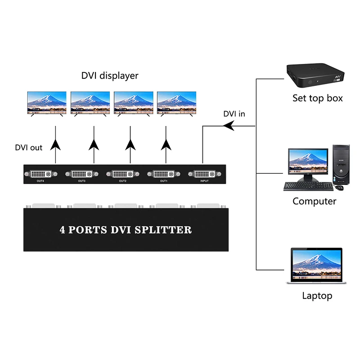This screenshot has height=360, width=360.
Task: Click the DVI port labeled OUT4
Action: click(40, 173)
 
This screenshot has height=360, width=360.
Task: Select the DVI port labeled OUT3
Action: click(81, 173)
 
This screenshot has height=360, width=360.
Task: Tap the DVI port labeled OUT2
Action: click(122, 173)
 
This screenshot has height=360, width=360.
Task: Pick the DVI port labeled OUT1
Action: click(163, 173)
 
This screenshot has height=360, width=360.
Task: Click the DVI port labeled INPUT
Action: click(204, 173)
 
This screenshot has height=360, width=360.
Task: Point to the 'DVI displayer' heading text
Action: click(109, 76)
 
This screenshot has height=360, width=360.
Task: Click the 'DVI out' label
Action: click(29, 147)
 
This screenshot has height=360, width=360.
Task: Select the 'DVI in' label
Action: click(234, 114)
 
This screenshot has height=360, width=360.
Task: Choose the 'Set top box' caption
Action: click(317, 98)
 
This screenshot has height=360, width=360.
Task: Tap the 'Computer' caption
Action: click(314, 201)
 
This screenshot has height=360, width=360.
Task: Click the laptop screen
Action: click(316, 264)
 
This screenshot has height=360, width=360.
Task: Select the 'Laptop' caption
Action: click(317, 296)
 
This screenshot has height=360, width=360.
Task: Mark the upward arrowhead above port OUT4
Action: click(55, 144)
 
